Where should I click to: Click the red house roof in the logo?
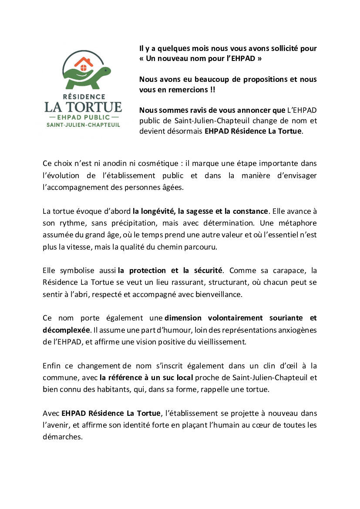tap(84, 61)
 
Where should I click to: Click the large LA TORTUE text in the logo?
tap(83, 107)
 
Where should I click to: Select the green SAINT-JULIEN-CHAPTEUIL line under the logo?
tap(83, 125)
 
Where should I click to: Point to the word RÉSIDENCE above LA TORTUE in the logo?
tap(83, 96)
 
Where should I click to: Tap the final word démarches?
tap(62, 437)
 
